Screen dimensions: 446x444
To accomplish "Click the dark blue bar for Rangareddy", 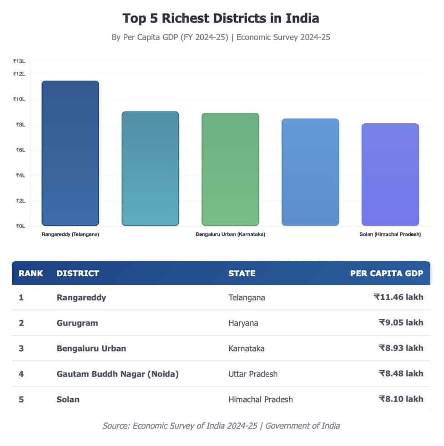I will click(70, 153).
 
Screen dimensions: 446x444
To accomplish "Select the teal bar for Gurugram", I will click(150, 168).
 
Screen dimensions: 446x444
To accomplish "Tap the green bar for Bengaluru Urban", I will click(230, 169).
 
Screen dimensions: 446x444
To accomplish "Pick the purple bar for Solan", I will click(390, 174).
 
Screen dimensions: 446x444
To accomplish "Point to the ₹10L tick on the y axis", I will click(19, 99).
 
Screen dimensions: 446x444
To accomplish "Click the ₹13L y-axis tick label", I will click(19, 61).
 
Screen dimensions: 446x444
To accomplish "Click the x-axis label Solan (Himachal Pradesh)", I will click(390, 234).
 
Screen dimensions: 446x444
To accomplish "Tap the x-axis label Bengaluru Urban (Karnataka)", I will click(230, 234).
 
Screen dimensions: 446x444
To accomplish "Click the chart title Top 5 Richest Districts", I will click(221, 19).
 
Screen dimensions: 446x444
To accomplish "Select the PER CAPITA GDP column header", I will click(386, 274).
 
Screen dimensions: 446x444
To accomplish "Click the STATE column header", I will click(242, 274).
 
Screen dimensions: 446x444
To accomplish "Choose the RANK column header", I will click(30, 274).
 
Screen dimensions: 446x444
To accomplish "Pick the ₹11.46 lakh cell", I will click(398, 297).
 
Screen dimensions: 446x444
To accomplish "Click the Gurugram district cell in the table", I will click(77, 323).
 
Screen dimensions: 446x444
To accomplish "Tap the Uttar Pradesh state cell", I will click(252, 374).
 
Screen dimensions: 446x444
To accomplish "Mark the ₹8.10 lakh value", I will click(400, 399).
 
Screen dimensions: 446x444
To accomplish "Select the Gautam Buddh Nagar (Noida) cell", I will click(117, 374).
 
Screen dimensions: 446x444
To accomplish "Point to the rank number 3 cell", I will click(21, 348).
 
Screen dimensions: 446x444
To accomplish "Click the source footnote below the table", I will click(221, 426).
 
